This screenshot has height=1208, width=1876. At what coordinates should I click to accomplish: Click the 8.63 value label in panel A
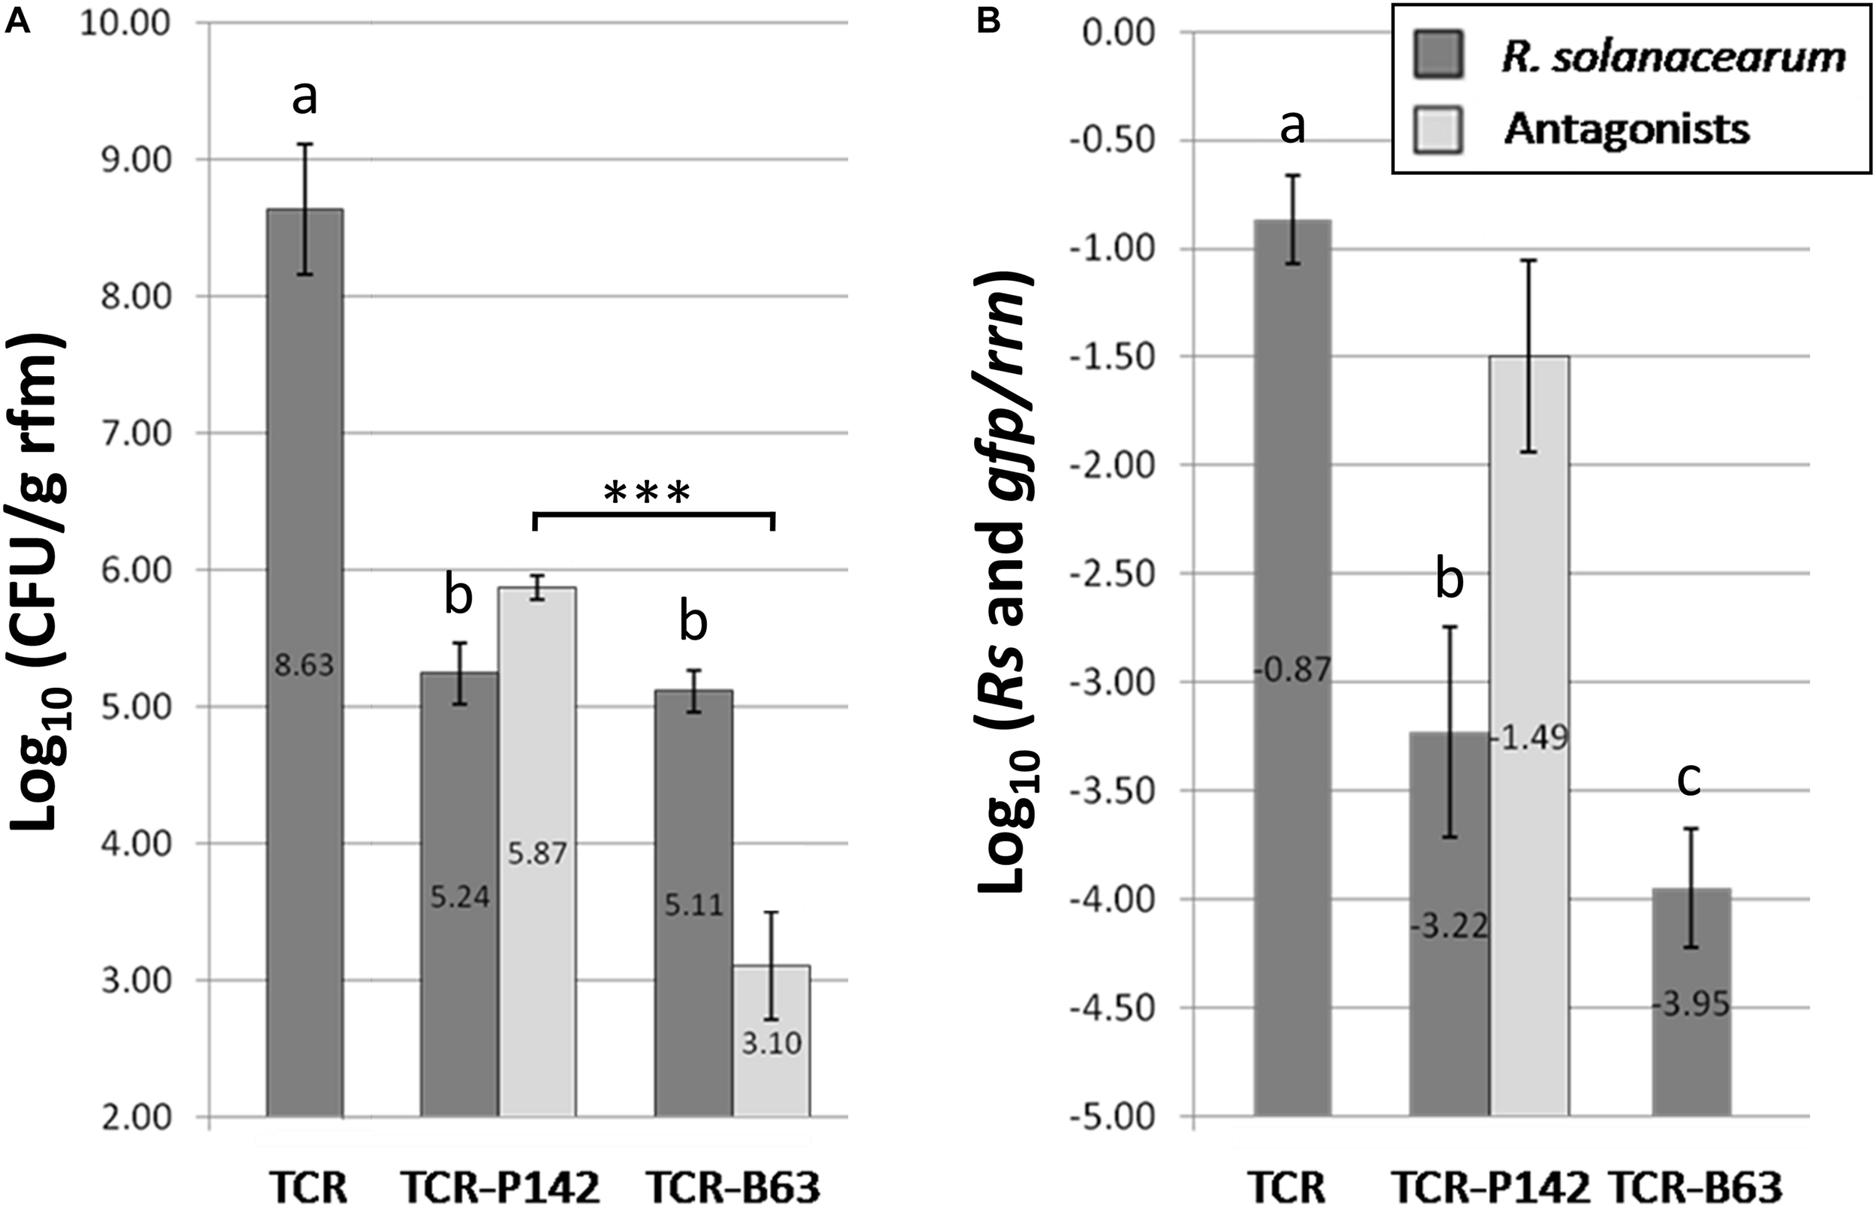tap(304, 666)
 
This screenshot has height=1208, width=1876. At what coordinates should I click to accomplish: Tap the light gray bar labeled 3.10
tap(771, 1044)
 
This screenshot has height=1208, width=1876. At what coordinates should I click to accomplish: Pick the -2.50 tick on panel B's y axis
tap(1112, 574)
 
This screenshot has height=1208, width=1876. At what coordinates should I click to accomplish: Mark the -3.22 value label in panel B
tap(1449, 928)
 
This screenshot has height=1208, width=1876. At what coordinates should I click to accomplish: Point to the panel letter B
tap(989, 21)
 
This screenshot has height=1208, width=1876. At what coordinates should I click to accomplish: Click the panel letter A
tap(17, 21)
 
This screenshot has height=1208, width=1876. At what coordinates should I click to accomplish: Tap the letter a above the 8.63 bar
tap(304, 98)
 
